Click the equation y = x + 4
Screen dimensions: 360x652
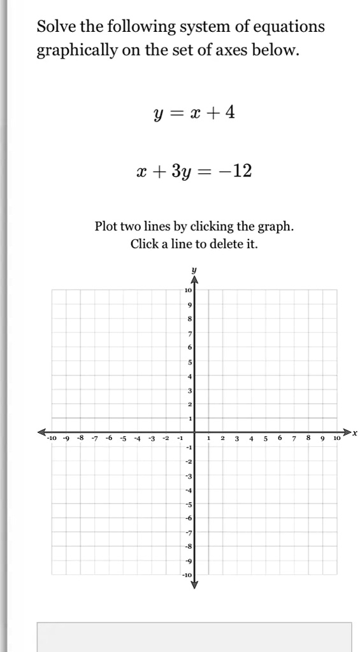(x=194, y=113)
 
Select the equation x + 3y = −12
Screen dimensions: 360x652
(x=194, y=171)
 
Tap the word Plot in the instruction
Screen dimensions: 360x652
(x=106, y=226)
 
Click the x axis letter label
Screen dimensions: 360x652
(x=355, y=433)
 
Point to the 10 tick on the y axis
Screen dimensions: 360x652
(x=188, y=290)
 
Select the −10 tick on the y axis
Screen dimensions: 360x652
(x=187, y=575)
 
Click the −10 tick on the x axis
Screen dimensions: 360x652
(x=52, y=439)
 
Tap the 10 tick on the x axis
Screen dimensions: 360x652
(x=337, y=439)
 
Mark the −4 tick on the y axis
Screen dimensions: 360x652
(x=188, y=490)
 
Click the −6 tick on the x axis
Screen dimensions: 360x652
(x=108, y=439)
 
